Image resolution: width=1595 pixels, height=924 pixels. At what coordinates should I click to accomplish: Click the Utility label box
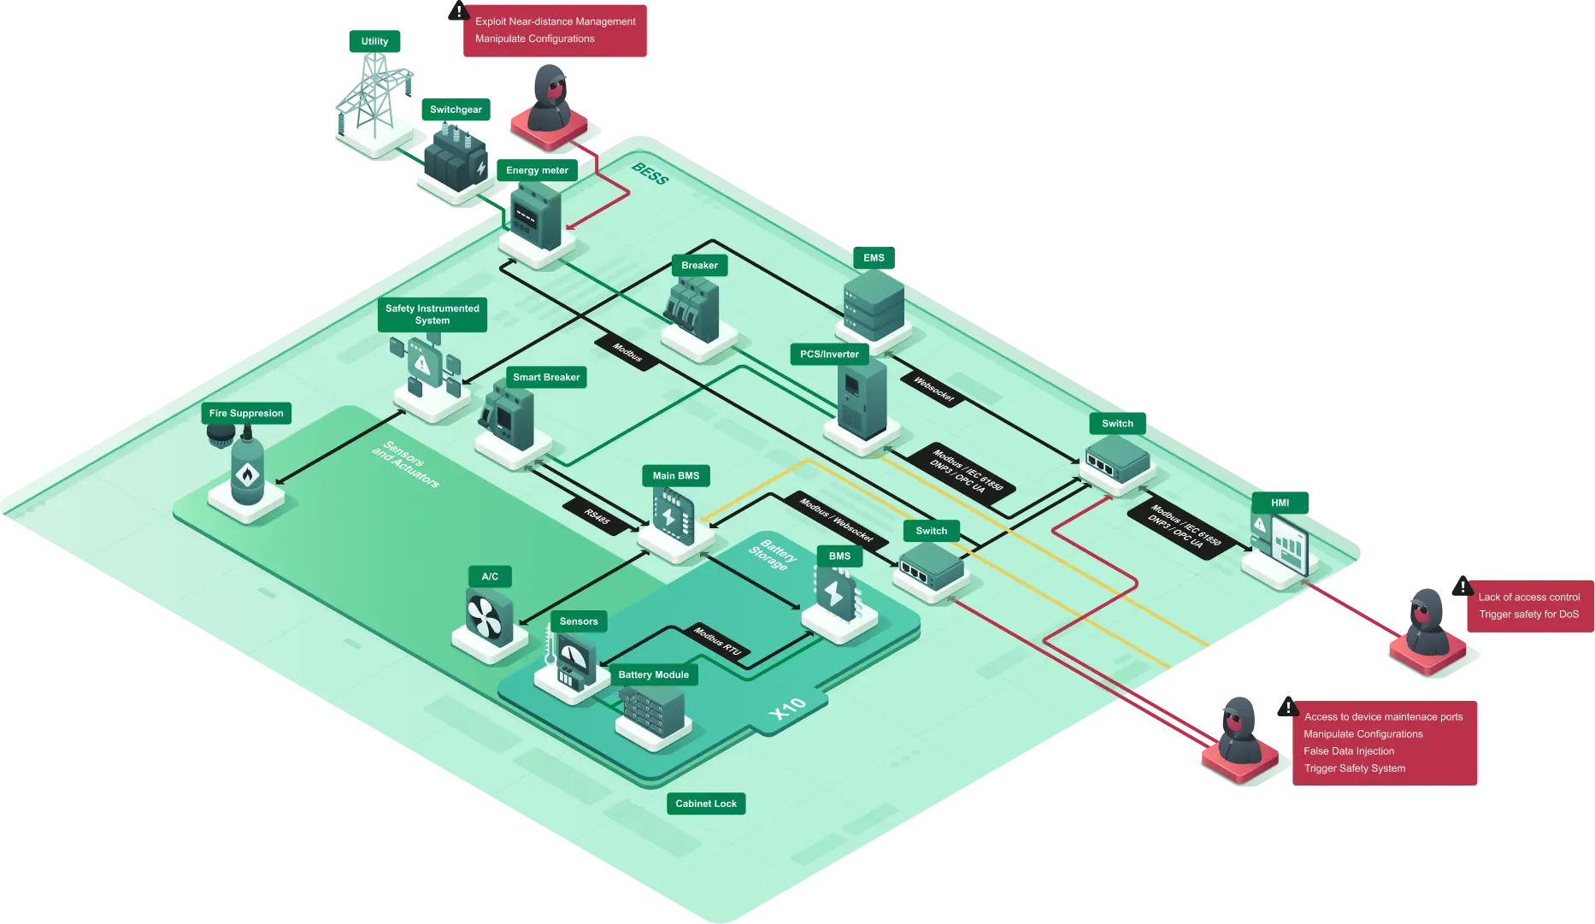[374, 41]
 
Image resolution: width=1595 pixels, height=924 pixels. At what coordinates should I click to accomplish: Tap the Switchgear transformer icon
[456, 158]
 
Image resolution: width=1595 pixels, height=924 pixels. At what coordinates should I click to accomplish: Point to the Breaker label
[699, 266]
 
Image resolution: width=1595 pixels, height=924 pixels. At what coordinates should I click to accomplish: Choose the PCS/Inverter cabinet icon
[861, 399]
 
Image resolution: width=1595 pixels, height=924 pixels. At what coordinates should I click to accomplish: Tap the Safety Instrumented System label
[433, 315]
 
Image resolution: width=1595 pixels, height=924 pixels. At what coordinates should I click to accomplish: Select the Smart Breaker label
[546, 377]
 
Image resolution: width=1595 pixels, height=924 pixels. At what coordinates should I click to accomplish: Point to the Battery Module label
[654, 675]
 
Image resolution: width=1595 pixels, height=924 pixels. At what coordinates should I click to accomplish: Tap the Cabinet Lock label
[706, 803]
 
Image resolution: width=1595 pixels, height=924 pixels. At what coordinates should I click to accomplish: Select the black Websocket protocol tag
[933, 389]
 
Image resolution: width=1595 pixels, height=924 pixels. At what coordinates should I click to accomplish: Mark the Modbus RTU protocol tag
[718, 642]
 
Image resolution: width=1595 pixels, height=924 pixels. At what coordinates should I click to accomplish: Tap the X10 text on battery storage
[787, 708]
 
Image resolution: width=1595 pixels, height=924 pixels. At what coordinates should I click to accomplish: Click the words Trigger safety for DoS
[1529, 615]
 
